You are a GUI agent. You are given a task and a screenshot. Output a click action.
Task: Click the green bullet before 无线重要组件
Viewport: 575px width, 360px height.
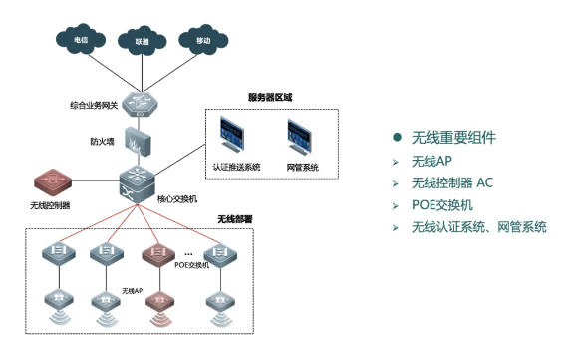[397, 137]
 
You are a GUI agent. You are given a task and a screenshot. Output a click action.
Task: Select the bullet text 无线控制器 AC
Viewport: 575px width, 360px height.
[451, 182]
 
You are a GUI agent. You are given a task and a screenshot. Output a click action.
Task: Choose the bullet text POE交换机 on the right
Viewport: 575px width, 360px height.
[441, 205]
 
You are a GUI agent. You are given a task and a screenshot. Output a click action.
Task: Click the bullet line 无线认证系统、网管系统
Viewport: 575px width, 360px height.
[478, 228]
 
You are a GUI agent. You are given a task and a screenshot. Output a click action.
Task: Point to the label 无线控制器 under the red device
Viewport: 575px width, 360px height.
[50, 205]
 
